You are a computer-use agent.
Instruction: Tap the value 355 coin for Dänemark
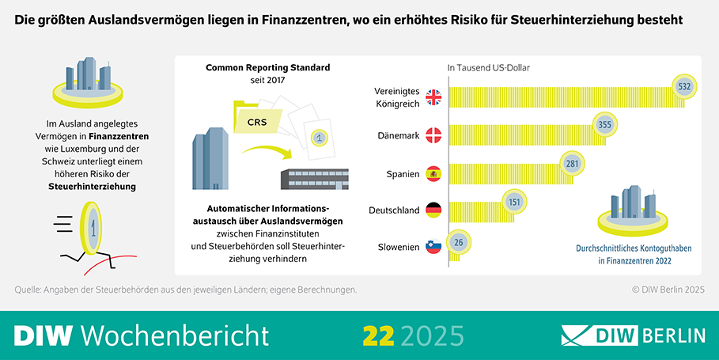point(605,125)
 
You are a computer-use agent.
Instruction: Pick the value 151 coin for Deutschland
point(513,202)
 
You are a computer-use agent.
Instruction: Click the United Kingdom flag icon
point(433,97)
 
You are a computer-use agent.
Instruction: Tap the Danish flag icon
point(433,135)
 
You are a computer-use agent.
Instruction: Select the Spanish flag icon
point(433,173)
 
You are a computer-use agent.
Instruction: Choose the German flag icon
point(433,210)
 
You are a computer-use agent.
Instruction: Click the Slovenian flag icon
point(433,247)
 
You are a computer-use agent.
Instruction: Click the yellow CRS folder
point(257,120)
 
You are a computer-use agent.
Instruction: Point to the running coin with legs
point(92,229)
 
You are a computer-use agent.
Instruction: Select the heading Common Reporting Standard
point(268,68)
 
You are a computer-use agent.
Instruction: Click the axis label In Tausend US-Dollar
point(488,68)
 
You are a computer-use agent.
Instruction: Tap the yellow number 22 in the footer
point(378,335)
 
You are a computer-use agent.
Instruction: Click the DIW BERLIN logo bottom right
point(633,335)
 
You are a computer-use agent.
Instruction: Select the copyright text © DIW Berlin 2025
point(668,290)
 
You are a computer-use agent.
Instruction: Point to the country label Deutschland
point(394,210)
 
